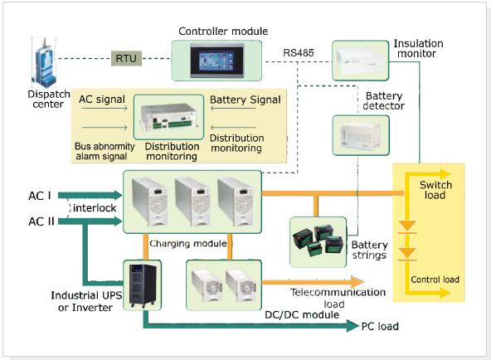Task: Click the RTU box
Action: point(127,58)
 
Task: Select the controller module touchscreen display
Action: point(216,61)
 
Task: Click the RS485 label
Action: point(298,52)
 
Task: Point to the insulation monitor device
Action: point(361,61)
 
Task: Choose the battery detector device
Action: point(361,135)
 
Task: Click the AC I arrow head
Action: point(118,195)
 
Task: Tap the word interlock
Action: point(95,208)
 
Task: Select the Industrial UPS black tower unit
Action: point(143,285)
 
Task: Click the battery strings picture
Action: point(318,241)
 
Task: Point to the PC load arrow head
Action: point(352,326)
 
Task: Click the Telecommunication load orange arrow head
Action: point(357,282)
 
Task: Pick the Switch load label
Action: point(435,190)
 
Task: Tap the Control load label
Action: point(435,280)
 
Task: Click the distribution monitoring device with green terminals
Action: point(169,117)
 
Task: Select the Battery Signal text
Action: point(245,100)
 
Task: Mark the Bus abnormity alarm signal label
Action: point(105,151)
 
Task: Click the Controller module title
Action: point(223,31)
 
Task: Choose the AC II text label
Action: point(41,221)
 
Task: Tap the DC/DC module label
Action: point(302,314)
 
